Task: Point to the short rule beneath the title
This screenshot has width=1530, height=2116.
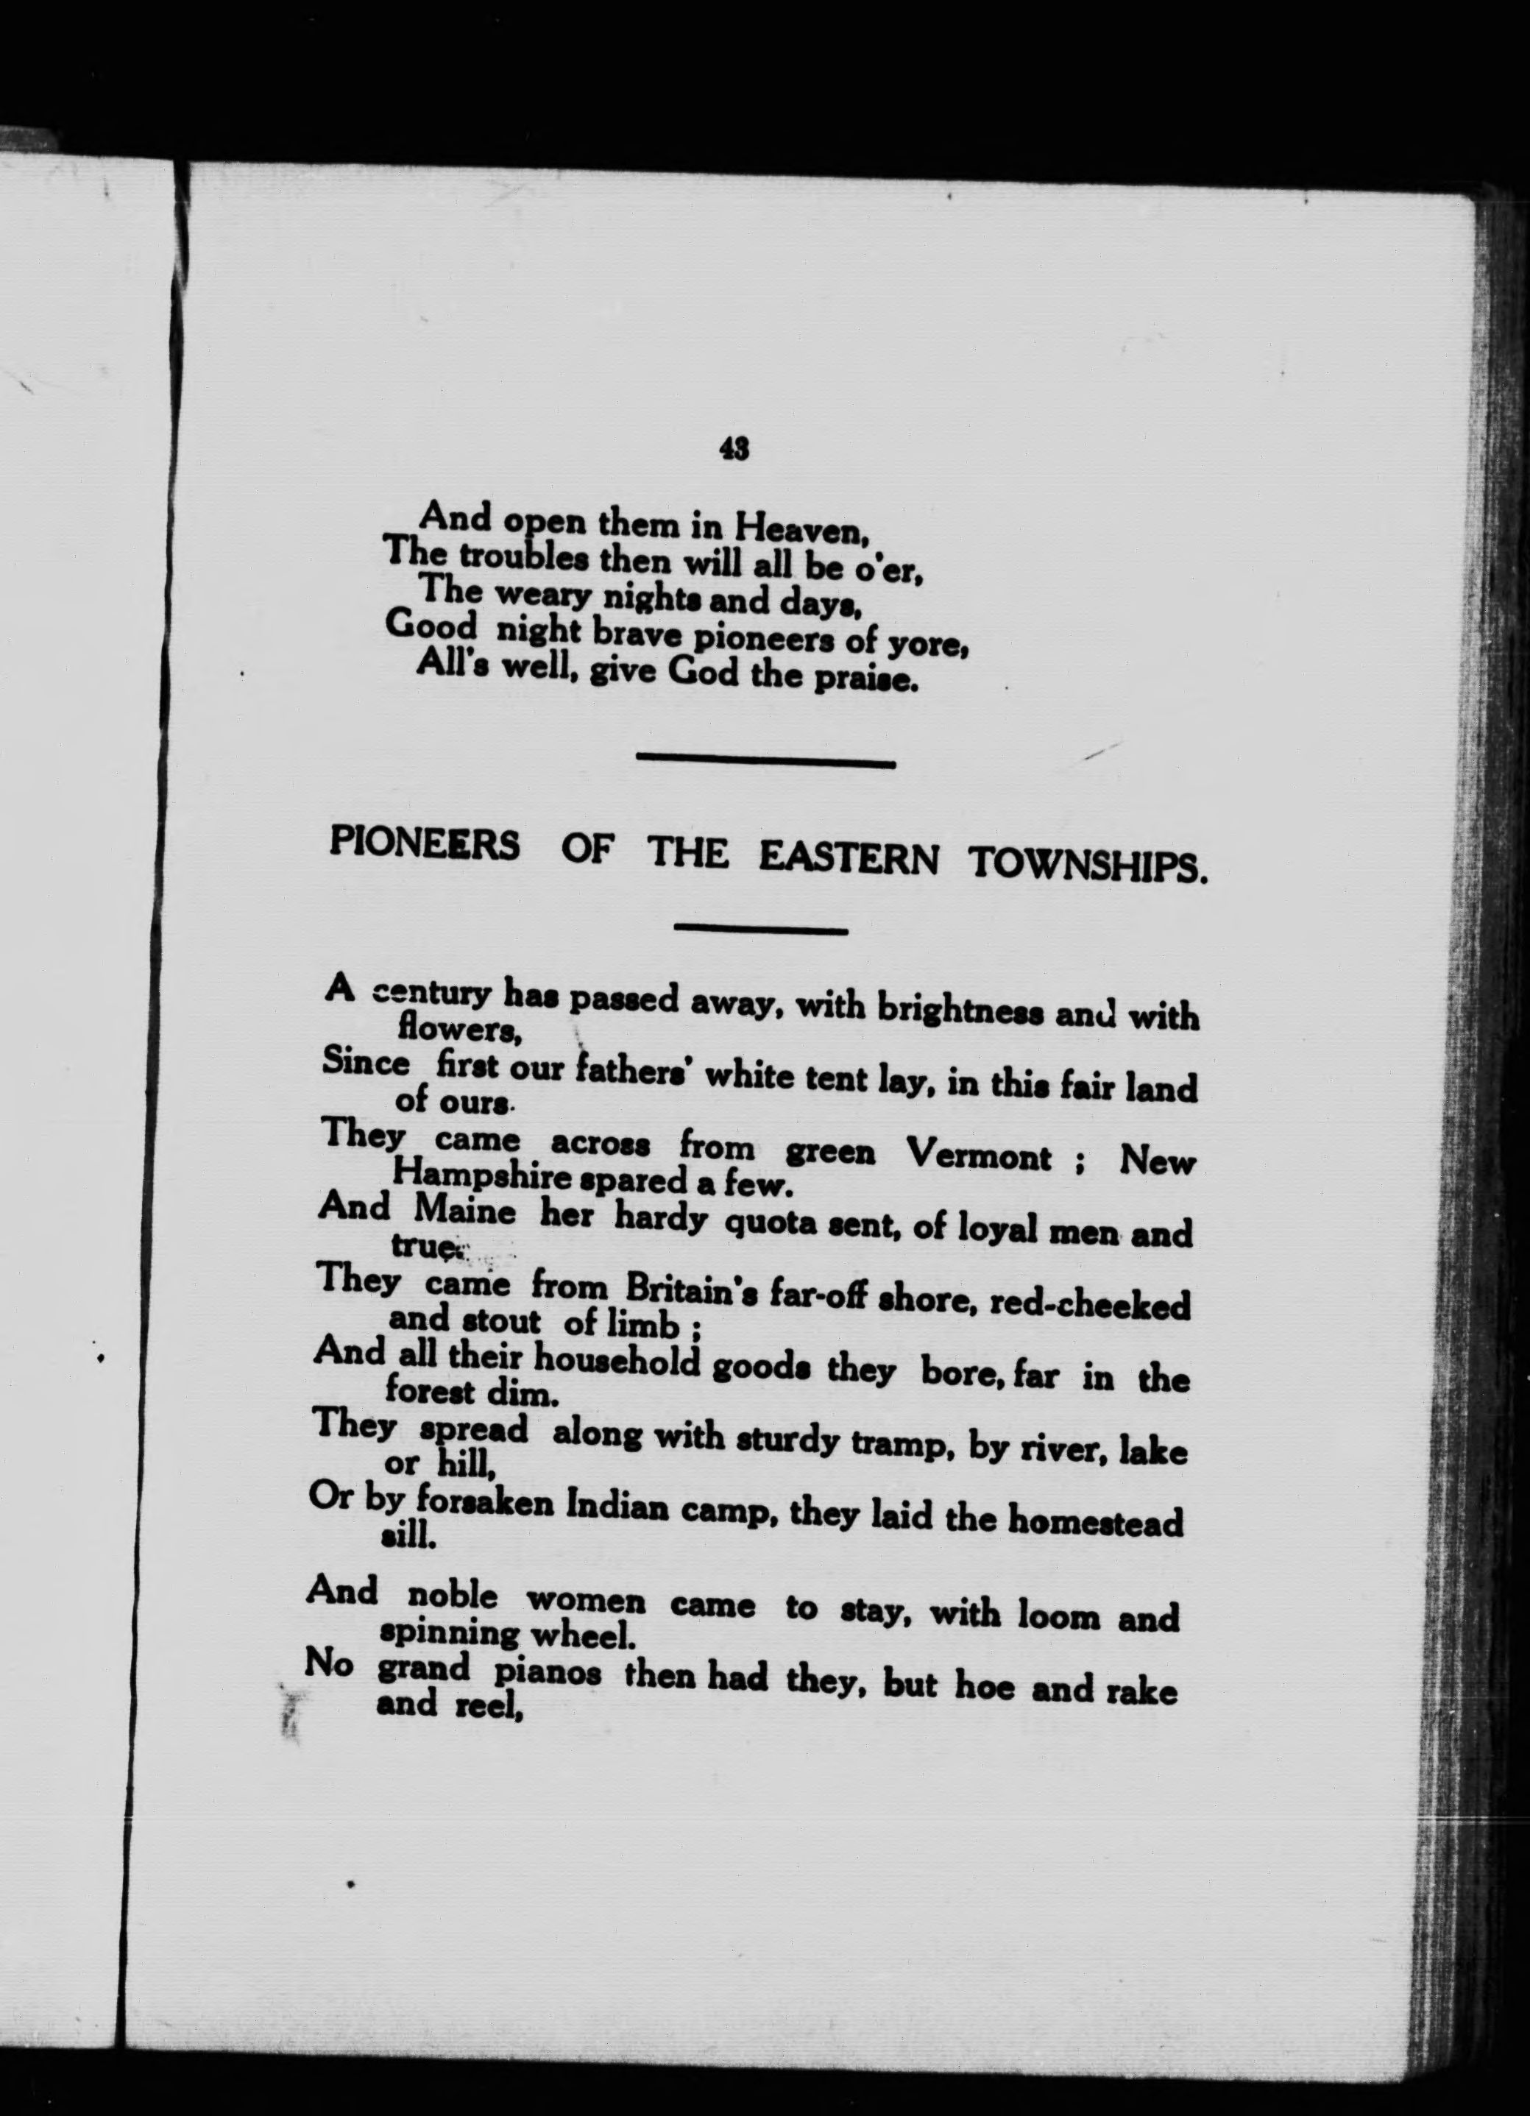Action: tap(759, 930)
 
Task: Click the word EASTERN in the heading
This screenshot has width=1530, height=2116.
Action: tap(847, 859)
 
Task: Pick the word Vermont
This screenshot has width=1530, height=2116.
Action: tap(979, 1158)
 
